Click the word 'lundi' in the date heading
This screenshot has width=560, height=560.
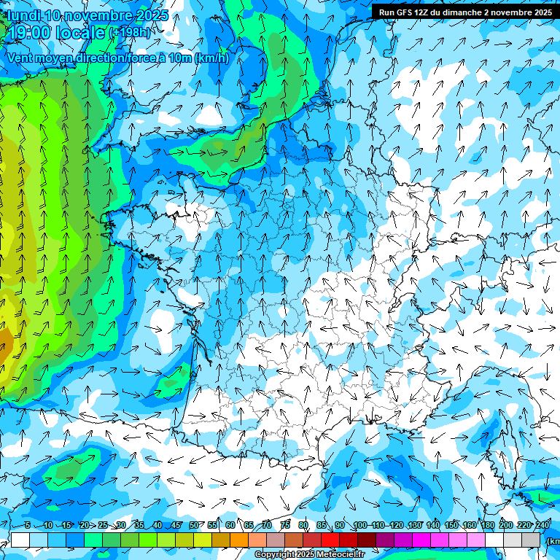click(23, 15)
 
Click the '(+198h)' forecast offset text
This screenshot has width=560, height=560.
click(129, 33)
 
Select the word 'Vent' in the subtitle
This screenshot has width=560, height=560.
click(23, 58)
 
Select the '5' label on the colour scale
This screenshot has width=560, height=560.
click(27, 526)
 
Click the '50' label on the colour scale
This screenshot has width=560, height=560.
click(194, 526)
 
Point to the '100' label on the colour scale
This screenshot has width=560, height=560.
click(359, 526)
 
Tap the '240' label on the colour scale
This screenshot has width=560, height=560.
click(542, 526)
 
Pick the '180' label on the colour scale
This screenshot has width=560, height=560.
click(487, 526)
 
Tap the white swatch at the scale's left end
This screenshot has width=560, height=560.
click(20, 540)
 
